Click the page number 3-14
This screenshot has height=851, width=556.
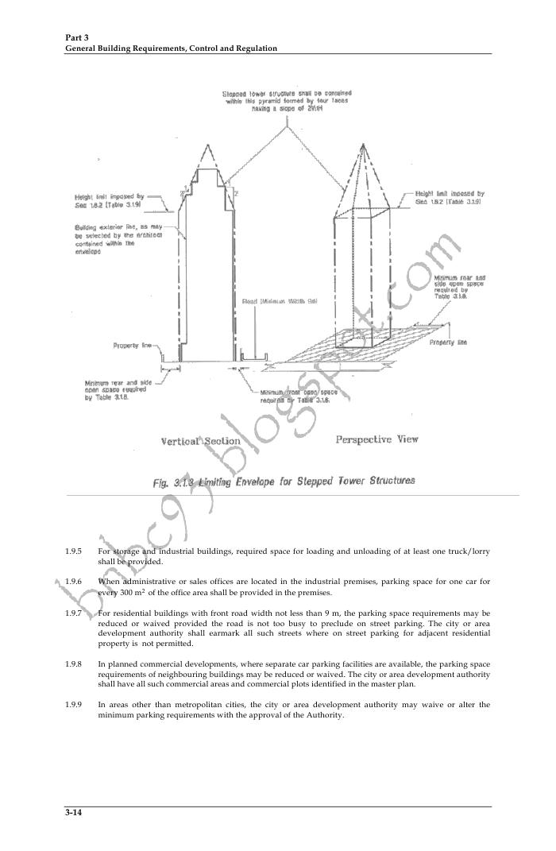(74, 813)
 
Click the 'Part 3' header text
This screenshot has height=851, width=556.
(77, 38)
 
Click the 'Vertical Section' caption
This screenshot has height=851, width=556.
(200, 441)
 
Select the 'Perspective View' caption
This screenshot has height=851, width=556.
(376, 439)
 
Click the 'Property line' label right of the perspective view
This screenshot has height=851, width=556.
(448, 342)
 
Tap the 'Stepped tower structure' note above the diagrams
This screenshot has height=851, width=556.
(287, 101)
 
